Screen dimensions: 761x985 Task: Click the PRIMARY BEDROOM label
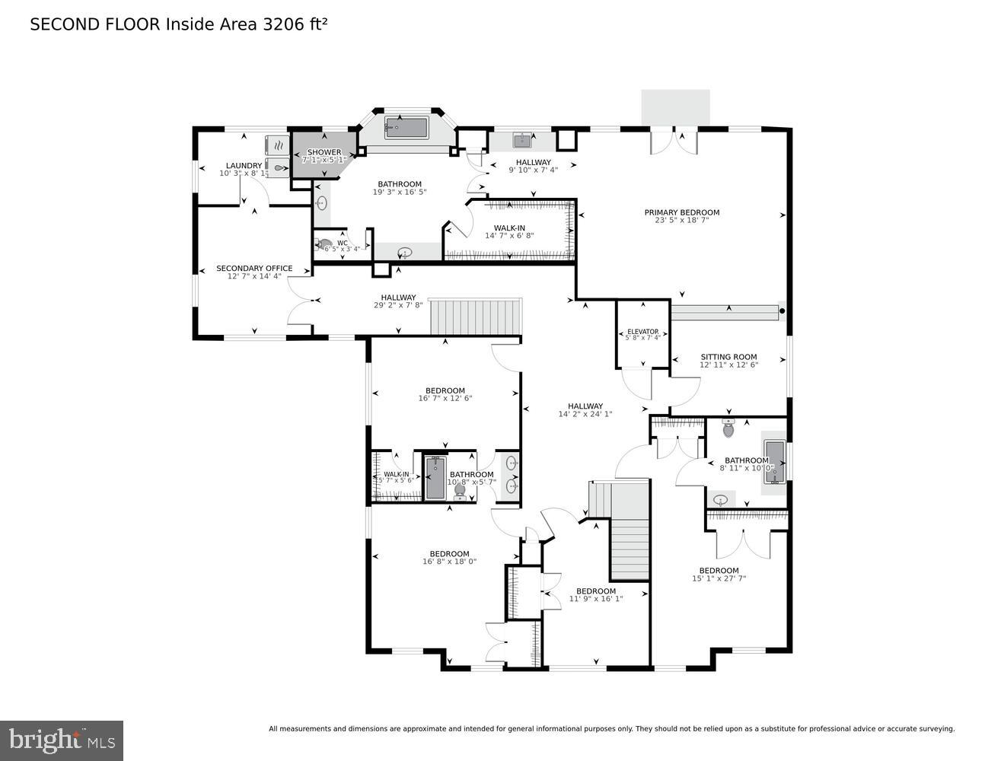point(681,212)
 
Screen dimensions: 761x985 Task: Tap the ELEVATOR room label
point(642,332)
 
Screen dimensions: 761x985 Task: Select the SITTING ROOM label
point(728,357)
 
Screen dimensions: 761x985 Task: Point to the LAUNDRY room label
point(244,166)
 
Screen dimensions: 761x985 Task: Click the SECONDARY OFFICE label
point(254,268)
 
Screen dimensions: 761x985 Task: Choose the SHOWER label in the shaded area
point(324,152)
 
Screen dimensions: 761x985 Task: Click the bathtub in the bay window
point(406,128)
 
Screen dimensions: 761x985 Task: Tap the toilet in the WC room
point(325,245)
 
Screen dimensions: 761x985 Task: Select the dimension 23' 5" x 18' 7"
point(681,221)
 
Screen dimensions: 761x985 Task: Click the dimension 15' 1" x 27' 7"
point(719,578)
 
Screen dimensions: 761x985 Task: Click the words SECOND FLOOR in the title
point(95,24)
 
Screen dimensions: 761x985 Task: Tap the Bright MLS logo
point(62,740)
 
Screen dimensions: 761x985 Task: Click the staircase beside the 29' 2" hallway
point(476,317)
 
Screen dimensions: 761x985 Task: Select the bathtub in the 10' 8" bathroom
point(435,478)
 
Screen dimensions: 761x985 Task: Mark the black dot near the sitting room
point(782,310)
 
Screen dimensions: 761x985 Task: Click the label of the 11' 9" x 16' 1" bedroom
point(595,591)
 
